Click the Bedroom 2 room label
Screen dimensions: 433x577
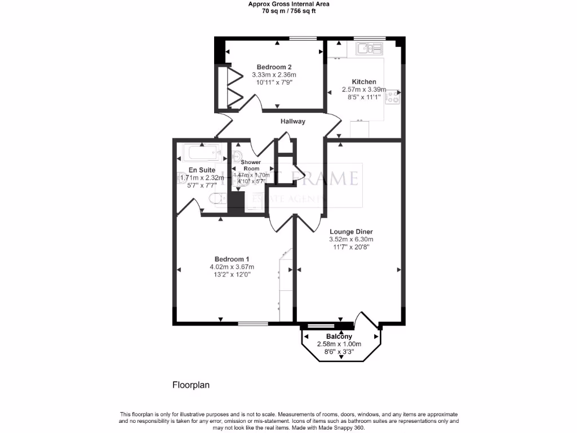(274, 66)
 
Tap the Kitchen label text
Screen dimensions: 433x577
(364, 82)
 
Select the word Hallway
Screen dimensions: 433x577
(293, 121)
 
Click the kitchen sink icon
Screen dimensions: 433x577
(370, 49)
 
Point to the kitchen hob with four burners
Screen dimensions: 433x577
(392, 97)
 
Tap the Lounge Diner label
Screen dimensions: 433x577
(352, 231)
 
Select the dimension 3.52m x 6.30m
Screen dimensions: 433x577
(352, 239)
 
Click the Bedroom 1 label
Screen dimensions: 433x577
(232, 259)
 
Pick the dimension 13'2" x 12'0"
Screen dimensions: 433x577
(232, 275)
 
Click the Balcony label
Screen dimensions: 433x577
(339, 337)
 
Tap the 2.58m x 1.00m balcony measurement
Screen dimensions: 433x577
(339, 344)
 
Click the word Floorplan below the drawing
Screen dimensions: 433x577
(190, 385)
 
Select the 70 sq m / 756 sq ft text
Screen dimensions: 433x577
(289, 10)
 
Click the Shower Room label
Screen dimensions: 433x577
(251, 165)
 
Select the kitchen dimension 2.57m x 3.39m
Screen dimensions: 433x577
(364, 89)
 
